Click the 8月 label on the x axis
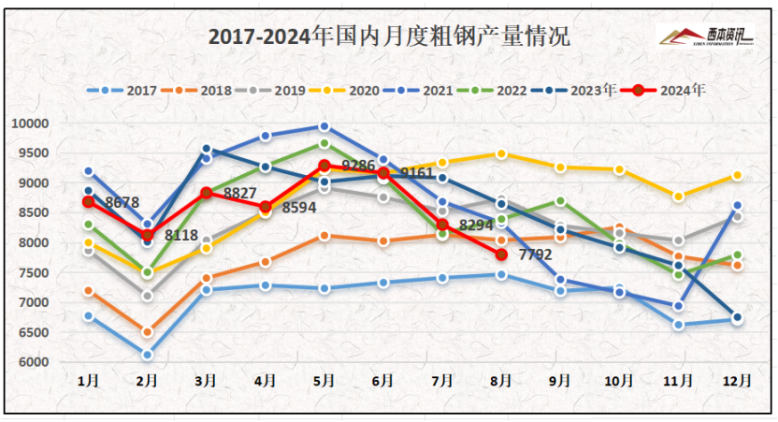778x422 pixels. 501,382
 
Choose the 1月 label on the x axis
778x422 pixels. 88,382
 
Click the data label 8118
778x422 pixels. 182,236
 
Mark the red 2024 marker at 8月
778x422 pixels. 501,255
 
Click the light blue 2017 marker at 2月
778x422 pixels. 147,355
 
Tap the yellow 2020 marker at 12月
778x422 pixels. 737,176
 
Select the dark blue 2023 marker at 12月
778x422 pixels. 737,317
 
